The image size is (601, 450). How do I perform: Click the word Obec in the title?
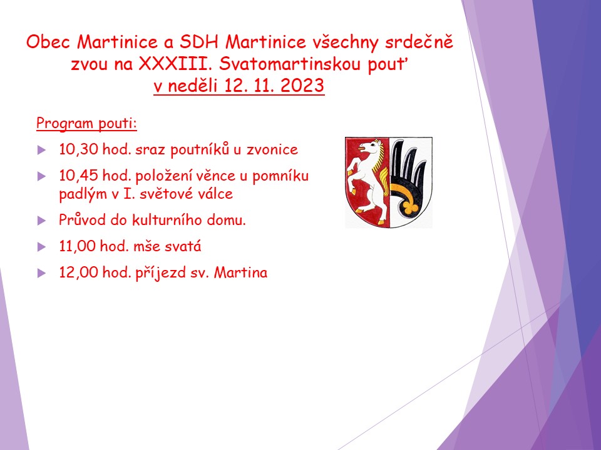click(x=48, y=42)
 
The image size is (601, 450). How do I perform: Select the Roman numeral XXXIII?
click(x=175, y=64)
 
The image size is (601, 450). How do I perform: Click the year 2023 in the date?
click(x=302, y=86)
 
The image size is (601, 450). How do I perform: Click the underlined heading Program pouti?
click(x=86, y=123)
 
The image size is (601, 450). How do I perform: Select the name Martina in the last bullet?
click(x=240, y=273)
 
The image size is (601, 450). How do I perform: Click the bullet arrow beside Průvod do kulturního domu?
click(x=41, y=221)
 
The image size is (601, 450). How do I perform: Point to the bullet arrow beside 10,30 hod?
click(x=41, y=150)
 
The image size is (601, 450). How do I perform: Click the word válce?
click(x=216, y=194)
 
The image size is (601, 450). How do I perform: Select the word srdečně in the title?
click(x=419, y=42)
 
